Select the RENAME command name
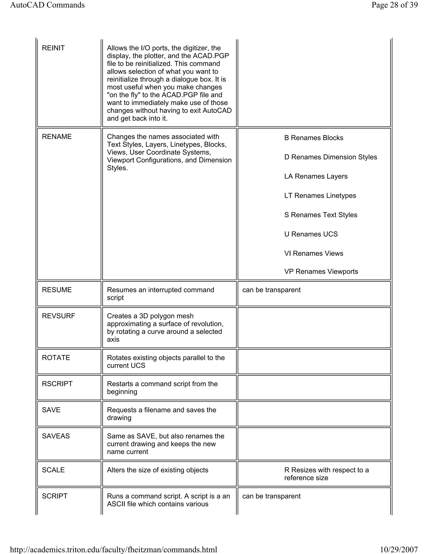57,137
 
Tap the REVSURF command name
59,316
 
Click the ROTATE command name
56,357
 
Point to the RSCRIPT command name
57,384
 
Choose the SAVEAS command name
56,436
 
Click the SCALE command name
53,470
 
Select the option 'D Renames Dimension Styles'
331,157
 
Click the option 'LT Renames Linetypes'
320,196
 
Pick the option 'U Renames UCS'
311,234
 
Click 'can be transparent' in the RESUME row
271,290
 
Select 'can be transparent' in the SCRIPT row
271,496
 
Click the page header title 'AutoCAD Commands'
47,5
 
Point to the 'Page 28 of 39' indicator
395,5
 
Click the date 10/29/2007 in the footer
399,549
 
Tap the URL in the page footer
114,549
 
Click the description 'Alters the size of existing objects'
157,470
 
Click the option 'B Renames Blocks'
314,138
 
